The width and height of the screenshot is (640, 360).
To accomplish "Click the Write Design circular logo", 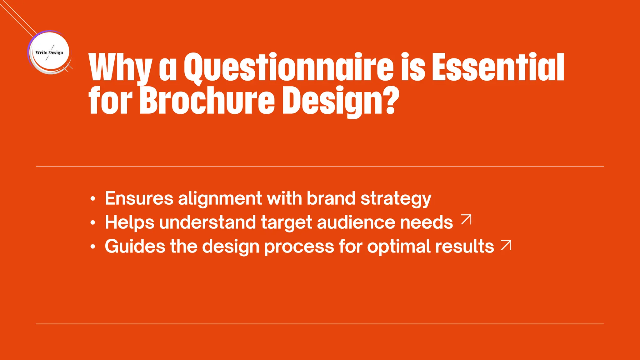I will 49,52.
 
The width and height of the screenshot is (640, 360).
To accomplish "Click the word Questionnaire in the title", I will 288,67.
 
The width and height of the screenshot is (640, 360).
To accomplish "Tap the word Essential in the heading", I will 498,67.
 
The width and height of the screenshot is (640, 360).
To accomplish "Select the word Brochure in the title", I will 207,101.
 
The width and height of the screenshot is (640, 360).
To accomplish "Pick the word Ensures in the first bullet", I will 139,198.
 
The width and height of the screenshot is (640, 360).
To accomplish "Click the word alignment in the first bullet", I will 220,198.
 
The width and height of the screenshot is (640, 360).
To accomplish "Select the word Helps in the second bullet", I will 130,222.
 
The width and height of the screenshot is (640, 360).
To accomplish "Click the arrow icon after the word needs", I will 466,220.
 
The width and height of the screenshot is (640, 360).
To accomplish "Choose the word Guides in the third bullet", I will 135,246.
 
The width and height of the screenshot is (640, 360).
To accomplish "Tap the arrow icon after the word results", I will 506,245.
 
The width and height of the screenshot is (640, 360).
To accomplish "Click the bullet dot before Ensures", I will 92,199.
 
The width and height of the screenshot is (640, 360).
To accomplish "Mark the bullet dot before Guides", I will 92,247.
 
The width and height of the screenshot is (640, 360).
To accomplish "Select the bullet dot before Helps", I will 92,223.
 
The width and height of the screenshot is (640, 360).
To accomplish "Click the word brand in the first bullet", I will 331,198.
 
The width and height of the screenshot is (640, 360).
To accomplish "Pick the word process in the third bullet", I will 299,247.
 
